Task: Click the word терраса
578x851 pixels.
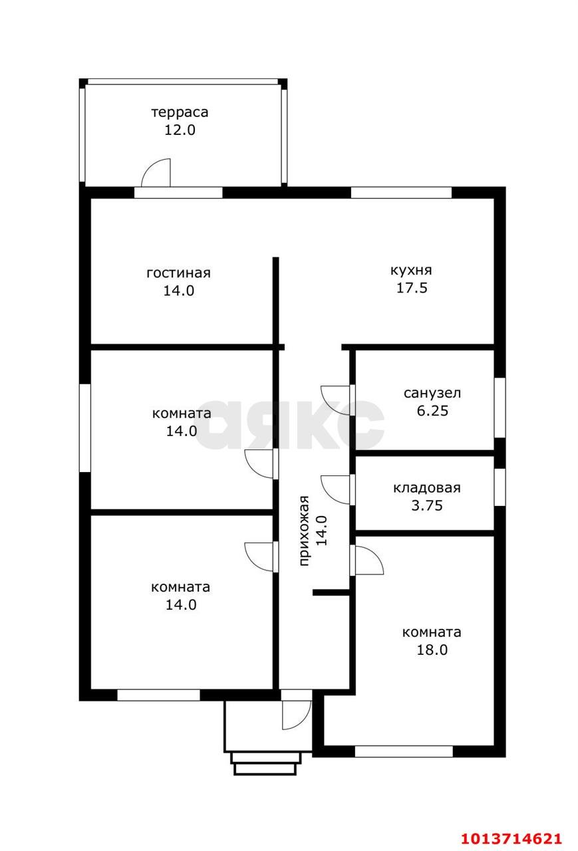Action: [180, 112]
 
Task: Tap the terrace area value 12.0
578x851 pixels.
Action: [180, 130]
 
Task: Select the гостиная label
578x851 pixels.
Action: [179, 273]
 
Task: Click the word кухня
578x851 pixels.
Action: [411, 270]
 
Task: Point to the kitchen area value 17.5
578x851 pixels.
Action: [412, 288]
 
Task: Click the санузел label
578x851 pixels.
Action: [432, 393]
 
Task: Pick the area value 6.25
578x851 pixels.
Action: [432, 411]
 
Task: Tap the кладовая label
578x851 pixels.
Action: [427, 488]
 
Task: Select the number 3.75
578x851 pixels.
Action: [427, 506]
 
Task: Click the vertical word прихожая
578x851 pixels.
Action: [304, 531]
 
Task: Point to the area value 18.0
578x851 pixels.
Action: [432, 650]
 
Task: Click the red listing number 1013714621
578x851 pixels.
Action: [511, 838]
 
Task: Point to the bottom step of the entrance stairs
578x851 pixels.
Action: [265, 769]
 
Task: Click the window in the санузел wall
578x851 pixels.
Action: [500, 408]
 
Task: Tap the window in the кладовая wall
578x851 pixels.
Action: [500, 487]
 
